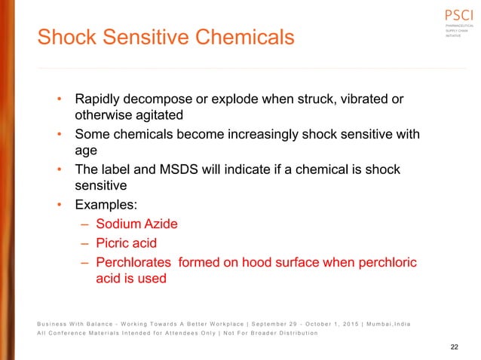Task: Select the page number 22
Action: [x=454, y=347]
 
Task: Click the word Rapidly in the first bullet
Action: [x=100, y=100]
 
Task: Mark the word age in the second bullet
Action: [x=87, y=151]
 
